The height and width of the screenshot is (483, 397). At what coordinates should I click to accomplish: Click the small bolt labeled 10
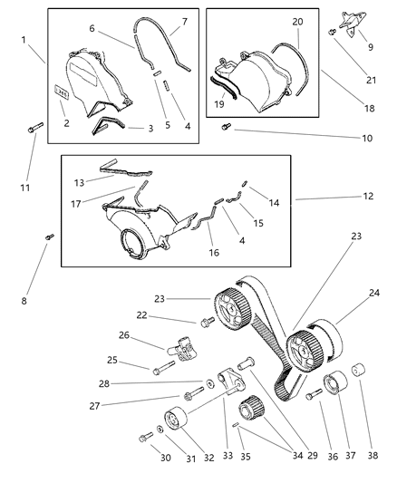coord(228,129)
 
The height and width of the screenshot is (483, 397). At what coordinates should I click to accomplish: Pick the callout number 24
coord(373,294)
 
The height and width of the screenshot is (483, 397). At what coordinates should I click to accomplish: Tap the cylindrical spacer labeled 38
coord(355,371)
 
